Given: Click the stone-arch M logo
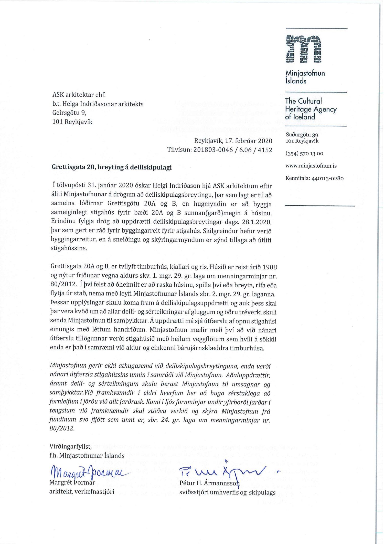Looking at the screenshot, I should pos(303,49).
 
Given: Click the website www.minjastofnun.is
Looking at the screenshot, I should pos(311,166).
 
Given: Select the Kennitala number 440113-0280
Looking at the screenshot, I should pos(327,178).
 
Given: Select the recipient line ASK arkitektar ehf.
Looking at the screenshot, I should pos(79,95).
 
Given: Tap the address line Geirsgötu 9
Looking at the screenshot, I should pos(69,113).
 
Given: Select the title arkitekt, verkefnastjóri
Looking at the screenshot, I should pos(82,492).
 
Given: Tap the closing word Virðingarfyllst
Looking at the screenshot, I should pos(70,446).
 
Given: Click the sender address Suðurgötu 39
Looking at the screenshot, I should pos(302,135).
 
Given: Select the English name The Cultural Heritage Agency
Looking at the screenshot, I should pos(311,109).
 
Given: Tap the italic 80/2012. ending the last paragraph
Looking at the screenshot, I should pos(62,428).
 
